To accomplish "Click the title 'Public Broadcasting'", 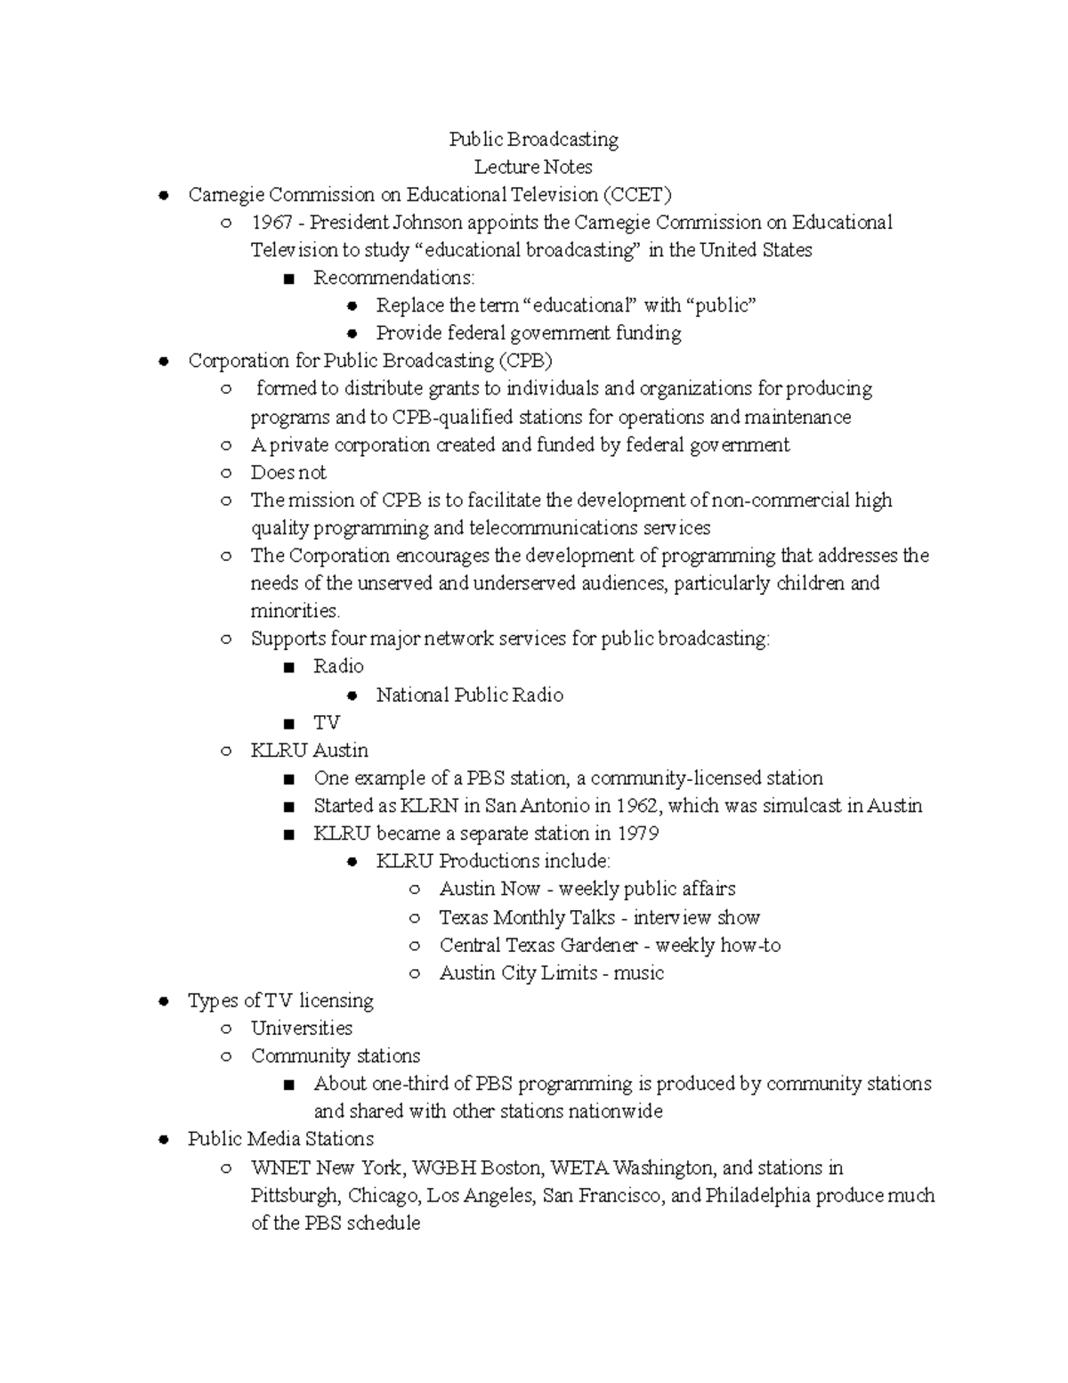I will tap(533, 139).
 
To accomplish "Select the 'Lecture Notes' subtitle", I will tap(533, 167).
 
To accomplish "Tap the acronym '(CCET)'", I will tap(637, 194).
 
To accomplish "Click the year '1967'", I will tap(271, 222).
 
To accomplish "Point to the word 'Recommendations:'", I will tap(393, 278).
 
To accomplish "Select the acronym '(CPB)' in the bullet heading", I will tap(525, 361).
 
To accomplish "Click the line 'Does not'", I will tap(288, 472).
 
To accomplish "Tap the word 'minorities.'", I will tap(295, 611).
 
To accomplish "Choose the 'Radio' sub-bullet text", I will tap(338, 666).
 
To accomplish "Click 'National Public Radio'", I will tap(469, 695).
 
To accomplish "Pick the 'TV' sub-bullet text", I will tap(327, 722).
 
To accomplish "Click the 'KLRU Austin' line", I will tap(309, 750).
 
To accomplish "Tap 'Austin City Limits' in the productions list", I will tap(518, 972).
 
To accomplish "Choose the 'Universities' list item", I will tap(302, 1028).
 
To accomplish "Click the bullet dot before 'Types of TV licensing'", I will tap(163, 1001).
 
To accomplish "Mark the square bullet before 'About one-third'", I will tap(287, 1085).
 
